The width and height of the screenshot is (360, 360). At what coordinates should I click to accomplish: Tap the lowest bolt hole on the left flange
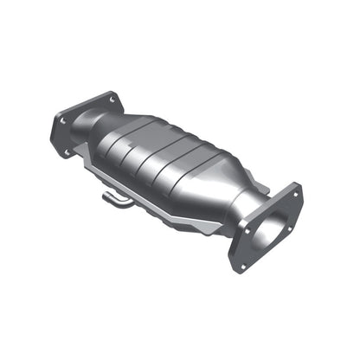[x=67, y=153]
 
